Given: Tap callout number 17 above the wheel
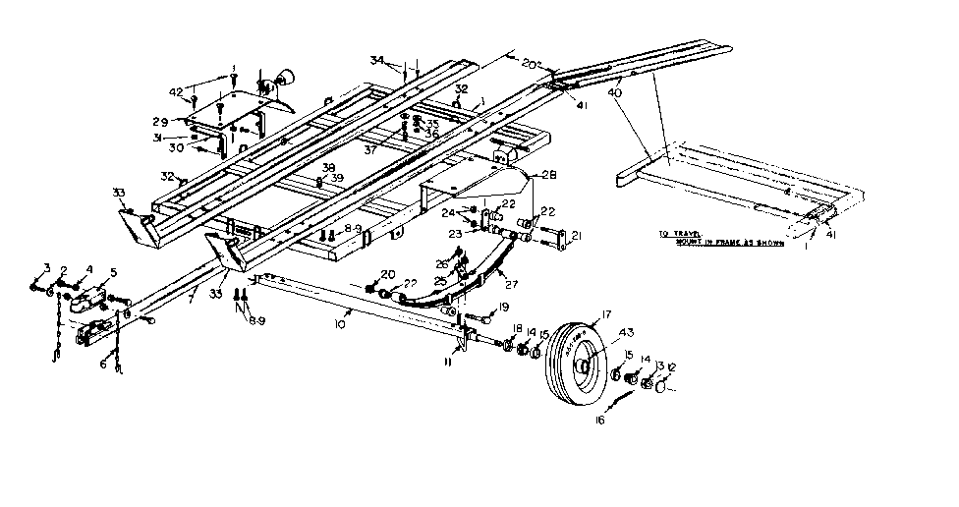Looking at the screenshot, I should [x=607, y=314].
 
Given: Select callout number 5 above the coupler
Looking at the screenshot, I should [x=113, y=272].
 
